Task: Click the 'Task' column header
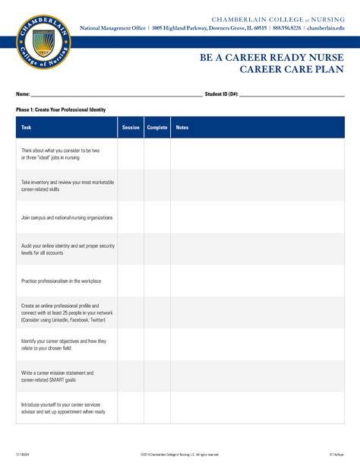pos(27,128)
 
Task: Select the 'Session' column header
pos(131,128)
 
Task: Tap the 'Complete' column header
pos(157,128)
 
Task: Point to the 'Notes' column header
pos(182,128)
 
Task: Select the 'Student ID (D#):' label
pos(222,94)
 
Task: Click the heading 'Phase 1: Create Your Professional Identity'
pos(61,110)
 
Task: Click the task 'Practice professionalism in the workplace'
pos(62,281)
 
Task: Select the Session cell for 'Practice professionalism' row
pos(131,281)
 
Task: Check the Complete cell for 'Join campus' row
pos(157,217)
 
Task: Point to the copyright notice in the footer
pos(180,454)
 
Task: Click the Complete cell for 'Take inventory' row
pos(157,185)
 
